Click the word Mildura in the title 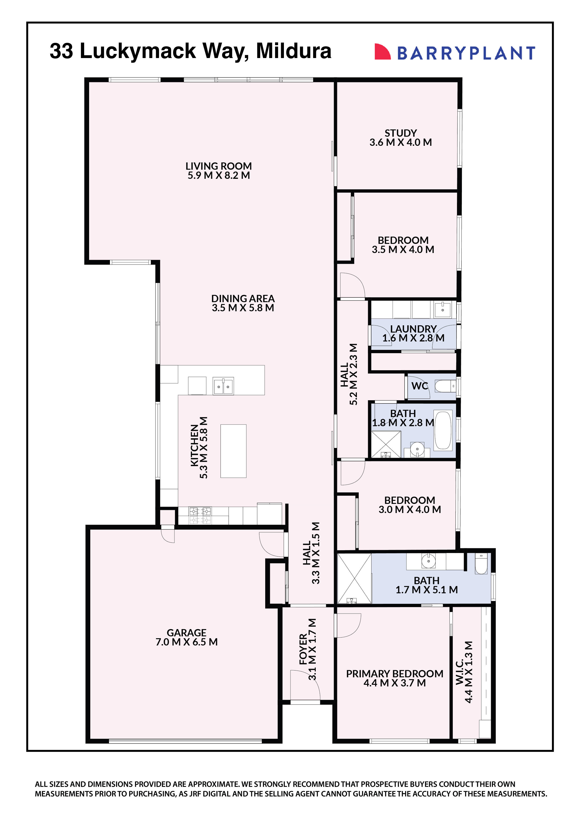[x=294, y=51]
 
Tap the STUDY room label [x=401, y=133]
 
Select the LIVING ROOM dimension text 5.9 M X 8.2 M [x=219, y=175]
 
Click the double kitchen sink [x=223, y=386]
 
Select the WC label [x=420, y=386]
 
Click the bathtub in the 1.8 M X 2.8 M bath [x=443, y=431]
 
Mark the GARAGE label [x=187, y=633]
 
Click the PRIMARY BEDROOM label [x=395, y=674]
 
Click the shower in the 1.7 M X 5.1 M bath [x=354, y=579]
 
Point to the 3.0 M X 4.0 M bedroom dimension [x=410, y=509]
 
